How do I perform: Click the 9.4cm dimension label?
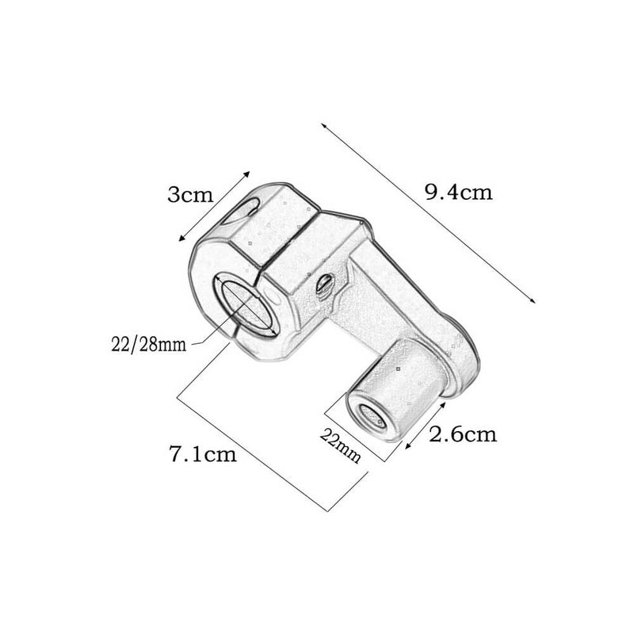(459, 192)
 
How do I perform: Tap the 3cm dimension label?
(190, 194)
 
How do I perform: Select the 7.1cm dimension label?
(203, 453)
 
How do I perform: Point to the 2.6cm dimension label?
(463, 434)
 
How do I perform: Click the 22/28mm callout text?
(149, 345)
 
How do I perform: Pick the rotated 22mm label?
(340, 445)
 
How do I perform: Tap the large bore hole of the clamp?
(246, 304)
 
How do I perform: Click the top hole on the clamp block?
(241, 211)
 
